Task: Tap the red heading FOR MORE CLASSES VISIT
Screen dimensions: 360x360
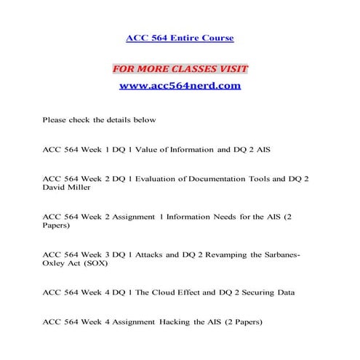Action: point(180,69)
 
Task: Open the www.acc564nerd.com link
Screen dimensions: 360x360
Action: point(180,86)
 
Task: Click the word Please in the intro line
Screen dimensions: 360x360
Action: point(55,119)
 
